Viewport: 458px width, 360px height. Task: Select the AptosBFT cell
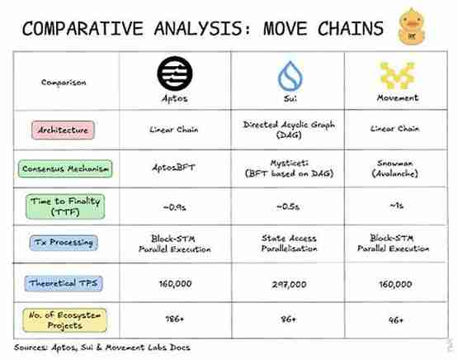tap(172, 168)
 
